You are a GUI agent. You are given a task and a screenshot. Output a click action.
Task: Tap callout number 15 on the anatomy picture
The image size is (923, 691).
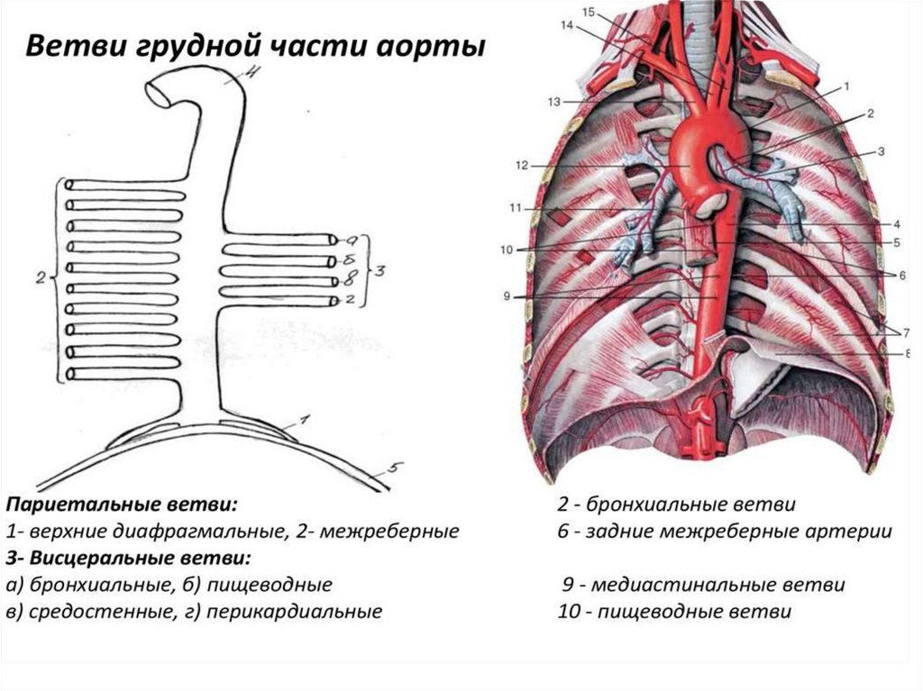[589, 12]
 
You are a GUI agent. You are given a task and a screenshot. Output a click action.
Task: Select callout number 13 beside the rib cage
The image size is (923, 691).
[553, 101]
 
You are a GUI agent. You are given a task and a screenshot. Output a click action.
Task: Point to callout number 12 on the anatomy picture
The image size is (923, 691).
[521, 166]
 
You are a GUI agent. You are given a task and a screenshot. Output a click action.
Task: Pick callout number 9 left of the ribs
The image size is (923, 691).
[507, 295]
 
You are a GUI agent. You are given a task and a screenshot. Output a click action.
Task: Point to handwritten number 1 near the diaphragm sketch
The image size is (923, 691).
[305, 419]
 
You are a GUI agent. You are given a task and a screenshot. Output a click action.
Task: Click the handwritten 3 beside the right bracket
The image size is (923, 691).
[379, 271]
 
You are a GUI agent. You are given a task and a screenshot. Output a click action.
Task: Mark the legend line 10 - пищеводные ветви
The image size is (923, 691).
[674, 613]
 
